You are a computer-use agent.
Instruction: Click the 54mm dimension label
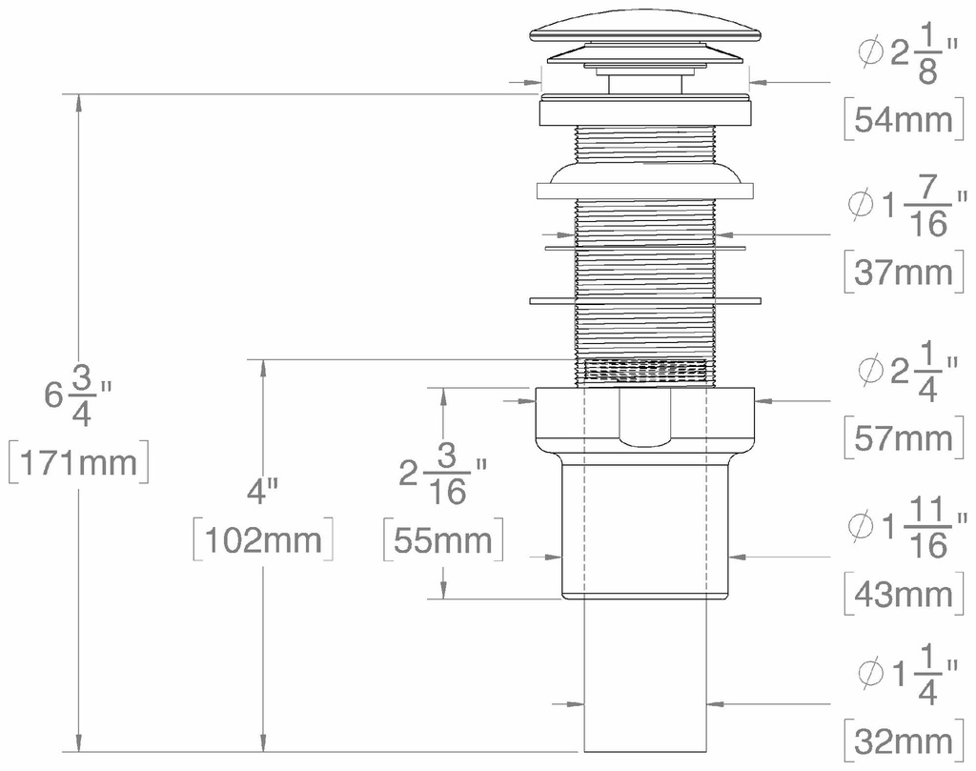coord(904,119)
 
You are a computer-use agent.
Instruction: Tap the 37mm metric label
coord(904,272)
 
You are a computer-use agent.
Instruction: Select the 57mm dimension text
coord(904,438)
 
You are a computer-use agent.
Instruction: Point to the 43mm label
coord(904,595)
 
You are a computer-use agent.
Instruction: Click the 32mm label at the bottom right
coord(904,741)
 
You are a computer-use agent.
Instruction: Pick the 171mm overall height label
coord(78,463)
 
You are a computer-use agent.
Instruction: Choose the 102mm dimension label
coord(263,540)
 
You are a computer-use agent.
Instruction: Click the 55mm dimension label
coord(443,540)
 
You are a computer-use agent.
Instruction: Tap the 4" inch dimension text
coord(261,492)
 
